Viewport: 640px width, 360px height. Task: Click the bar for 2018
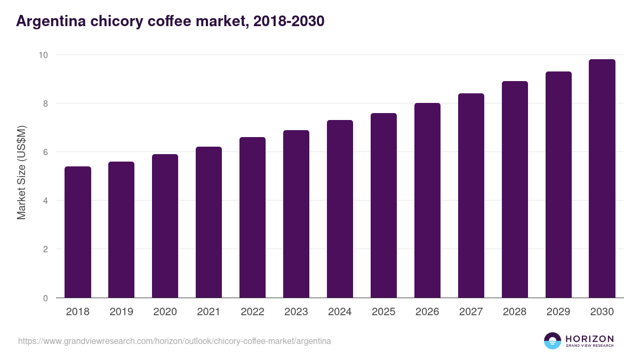coord(78,232)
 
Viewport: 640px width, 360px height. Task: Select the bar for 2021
coord(209,222)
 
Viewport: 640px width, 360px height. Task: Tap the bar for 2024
coord(340,209)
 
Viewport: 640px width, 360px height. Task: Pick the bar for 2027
coord(471,196)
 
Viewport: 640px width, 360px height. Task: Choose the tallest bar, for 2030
coord(602,179)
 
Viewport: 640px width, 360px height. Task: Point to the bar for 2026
coord(427,201)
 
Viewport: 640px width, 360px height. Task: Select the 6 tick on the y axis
coord(45,152)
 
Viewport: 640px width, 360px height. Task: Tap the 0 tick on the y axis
coord(45,298)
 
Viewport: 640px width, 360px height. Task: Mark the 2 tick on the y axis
coord(45,249)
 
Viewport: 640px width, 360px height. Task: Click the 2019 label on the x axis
coord(121,312)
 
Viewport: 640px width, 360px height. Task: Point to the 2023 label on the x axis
coord(296,312)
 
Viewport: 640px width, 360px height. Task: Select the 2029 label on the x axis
coord(558,312)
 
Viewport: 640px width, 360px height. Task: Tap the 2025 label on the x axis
coord(383,312)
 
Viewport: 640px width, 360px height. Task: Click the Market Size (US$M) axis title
coord(22,172)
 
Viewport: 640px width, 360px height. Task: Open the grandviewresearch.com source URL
coord(174,341)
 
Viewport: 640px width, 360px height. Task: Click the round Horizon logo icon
coord(553,341)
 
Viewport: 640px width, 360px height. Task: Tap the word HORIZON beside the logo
coord(589,339)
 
